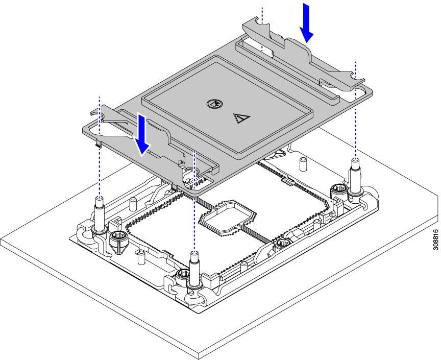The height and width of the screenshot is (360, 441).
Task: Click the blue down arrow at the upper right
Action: point(307,23)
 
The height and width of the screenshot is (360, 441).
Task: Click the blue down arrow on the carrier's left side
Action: point(142,134)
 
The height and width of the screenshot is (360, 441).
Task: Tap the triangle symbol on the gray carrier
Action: point(241,118)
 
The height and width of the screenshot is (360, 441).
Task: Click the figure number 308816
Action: point(435,239)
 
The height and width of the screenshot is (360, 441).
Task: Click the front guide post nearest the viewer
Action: point(194,270)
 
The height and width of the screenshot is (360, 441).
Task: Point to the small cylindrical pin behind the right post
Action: point(303,164)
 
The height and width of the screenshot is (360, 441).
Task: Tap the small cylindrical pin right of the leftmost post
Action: point(133,204)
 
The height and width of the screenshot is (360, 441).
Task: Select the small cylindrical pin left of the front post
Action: point(141,258)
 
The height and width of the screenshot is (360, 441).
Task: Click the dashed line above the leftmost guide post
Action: point(100,147)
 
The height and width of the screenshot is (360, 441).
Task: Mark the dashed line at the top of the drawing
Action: point(262,30)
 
